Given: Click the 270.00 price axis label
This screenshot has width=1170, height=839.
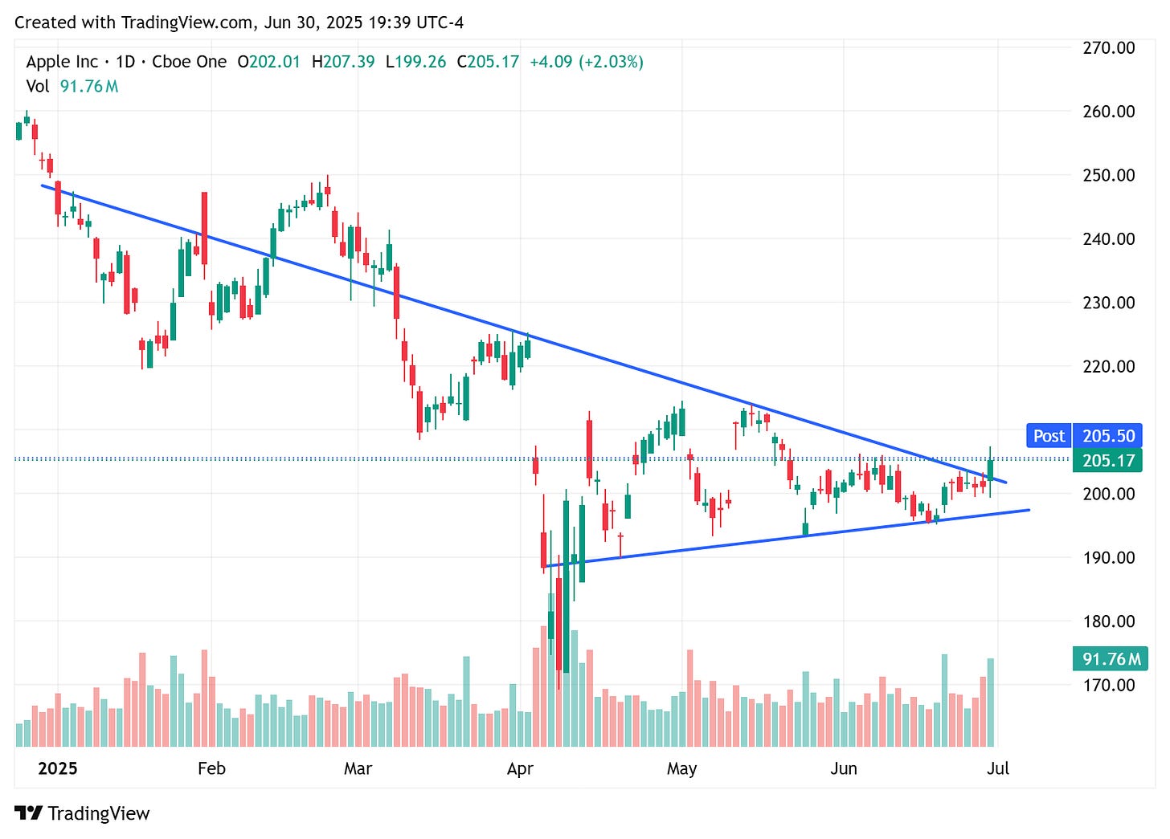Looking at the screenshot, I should pyautogui.click(x=1108, y=47).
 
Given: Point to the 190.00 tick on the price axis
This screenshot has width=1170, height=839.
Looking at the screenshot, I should pyautogui.click(x=1108, y=557).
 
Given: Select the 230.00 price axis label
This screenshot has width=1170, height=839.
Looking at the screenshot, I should pyautogui.click(x=1108, y=303).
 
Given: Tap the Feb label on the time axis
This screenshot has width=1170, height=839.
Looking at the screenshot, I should pyautogui.click(x=211, y=768).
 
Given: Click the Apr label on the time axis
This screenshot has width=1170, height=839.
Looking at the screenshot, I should pyautogui.click(x=520, y=768).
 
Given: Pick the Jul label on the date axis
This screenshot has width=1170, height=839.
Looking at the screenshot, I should pyautogui.click(x=997, y=768).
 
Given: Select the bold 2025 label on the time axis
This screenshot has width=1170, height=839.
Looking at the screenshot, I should pyautogui.click(x=58, y=768).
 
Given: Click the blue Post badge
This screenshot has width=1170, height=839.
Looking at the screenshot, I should pyautogui.click(x=1049, y=436).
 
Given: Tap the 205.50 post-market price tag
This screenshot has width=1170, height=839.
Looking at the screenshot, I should pyautogui.click(x=1108, y=436).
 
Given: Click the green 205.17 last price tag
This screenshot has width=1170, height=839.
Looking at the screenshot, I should pyautogui.click(x=1108, y=460).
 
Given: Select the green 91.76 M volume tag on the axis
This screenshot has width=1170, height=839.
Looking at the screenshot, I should pyautogui.click(x=1110, y=659).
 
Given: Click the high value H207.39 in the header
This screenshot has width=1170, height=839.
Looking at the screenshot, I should pyautogui.click(x=343, y=62).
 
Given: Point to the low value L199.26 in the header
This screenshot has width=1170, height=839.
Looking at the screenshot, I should pyautogui.click(x=415, y=62).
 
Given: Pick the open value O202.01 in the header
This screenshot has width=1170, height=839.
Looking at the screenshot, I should pyautogui.click(x=268, y=62).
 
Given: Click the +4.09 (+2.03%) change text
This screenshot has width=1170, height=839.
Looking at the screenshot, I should pyautogui.click(x=587, y=62).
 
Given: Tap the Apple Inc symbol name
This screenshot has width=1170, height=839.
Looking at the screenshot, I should pyautogui.click(x=62, y=62).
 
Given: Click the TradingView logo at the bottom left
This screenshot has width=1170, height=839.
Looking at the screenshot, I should pyautogui.click(x=82, y=813).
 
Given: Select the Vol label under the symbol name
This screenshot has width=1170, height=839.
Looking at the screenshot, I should pyautogui.click(x=38, y=86).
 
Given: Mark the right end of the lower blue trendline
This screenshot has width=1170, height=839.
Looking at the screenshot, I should pyautogui.click(x=1028, y=510).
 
